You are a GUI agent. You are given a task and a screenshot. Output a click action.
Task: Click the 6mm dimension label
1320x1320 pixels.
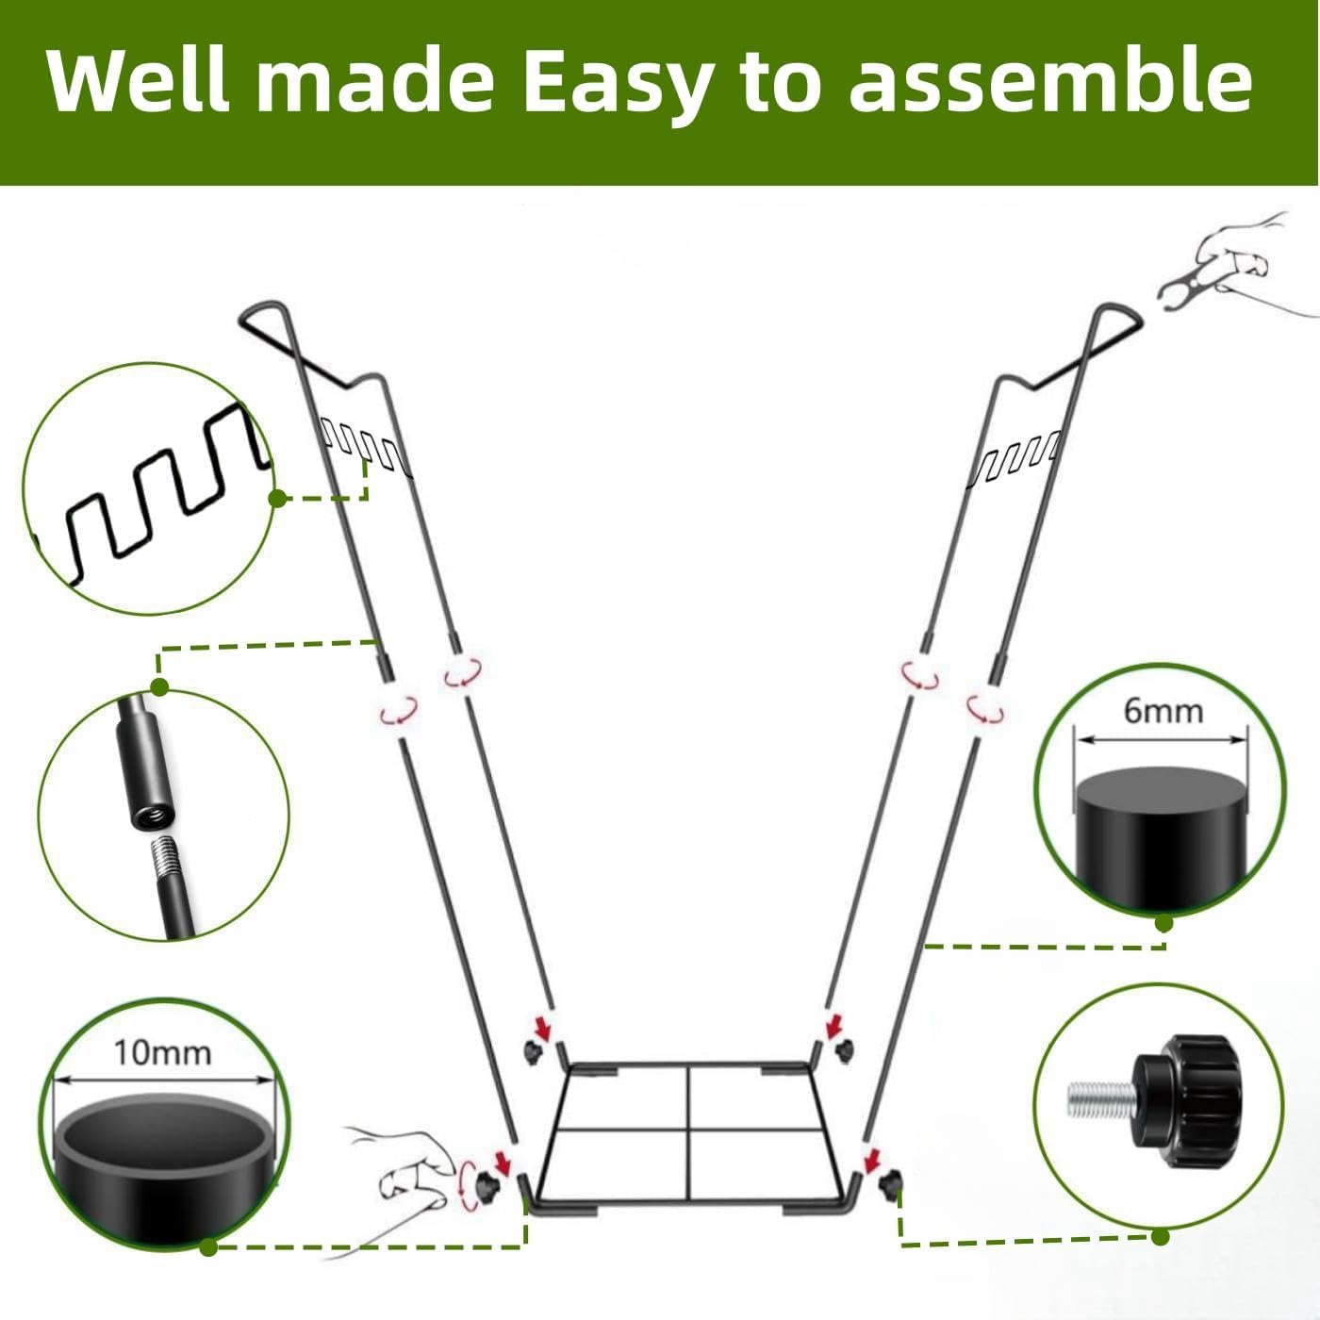[1163, 709]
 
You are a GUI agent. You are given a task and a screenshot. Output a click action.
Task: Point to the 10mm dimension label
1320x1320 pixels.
[162, 1051]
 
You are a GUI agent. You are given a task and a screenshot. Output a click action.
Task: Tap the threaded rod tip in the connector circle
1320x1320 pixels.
[163, 851]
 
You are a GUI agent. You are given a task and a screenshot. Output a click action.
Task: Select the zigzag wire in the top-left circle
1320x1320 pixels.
[151, 490]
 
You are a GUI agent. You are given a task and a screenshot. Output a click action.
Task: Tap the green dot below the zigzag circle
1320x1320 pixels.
[277, 498]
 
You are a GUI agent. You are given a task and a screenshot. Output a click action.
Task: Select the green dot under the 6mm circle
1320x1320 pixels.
[1163, 923]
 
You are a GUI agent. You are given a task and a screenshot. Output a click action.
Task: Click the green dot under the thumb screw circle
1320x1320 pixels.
[1161, 1236]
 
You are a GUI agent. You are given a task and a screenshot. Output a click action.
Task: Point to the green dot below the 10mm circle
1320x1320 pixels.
[208, 1247]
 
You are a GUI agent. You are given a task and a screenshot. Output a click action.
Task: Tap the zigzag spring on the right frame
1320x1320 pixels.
[1018, 454]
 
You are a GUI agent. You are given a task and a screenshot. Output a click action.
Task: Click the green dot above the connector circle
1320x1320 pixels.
[159, 686]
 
